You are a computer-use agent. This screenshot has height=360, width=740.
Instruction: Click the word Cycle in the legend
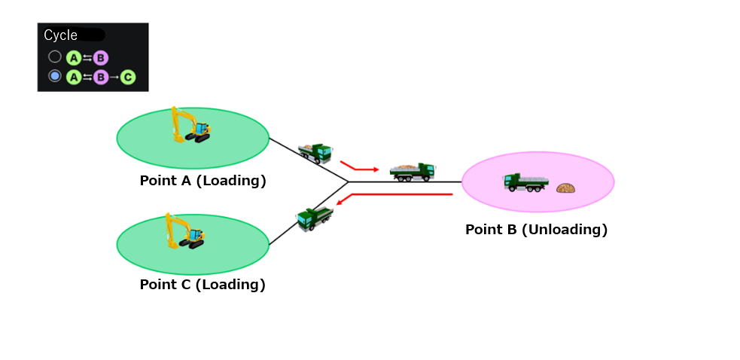60,35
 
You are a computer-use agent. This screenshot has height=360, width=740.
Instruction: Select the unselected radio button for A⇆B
55,57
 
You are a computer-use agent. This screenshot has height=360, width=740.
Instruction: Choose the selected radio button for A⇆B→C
55,76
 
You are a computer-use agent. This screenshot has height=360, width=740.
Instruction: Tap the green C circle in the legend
127,77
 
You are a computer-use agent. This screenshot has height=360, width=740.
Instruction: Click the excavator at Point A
190,125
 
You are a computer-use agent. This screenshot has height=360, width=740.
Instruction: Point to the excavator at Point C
185,231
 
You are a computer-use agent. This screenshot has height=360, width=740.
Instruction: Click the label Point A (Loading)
203,181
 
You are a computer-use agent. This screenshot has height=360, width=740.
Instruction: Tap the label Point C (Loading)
203,285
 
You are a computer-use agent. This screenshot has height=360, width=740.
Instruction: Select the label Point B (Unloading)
536,230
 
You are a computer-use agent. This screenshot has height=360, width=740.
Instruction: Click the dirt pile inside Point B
565,188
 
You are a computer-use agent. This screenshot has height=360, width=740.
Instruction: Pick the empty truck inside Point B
526,182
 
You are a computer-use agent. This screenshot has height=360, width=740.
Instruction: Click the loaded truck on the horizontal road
412,172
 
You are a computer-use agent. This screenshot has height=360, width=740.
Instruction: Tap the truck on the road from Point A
315,153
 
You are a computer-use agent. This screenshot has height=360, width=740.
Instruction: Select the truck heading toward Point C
315,218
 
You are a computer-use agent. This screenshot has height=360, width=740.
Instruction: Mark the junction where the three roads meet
349,182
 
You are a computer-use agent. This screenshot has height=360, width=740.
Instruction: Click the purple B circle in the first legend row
101,58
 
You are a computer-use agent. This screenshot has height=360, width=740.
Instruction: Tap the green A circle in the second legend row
73,77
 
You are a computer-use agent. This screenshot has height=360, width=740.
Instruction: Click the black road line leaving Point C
309,214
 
